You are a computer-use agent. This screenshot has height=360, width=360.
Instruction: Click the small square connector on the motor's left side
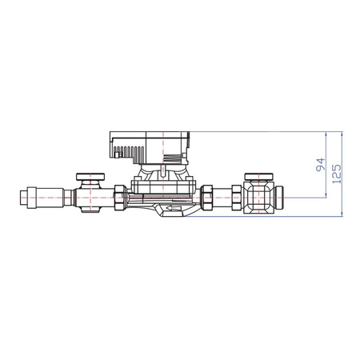click(110, 147)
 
